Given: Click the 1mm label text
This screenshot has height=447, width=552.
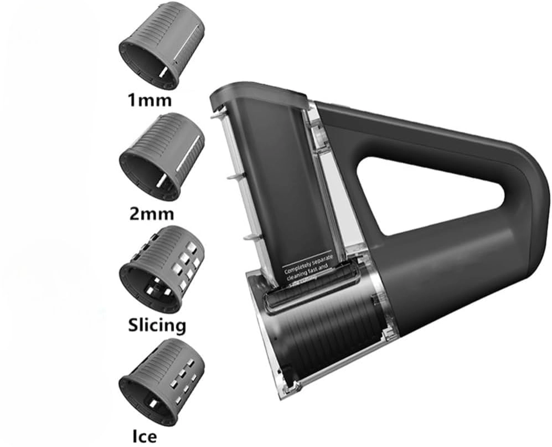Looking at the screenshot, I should [x=149, y=100].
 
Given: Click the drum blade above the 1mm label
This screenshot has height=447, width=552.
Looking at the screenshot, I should [x=162, y=48].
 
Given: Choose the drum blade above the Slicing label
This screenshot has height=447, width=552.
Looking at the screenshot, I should [x=162, y=268].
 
